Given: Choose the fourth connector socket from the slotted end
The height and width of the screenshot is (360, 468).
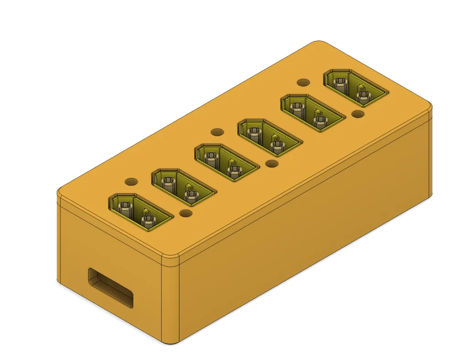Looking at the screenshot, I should pyautogui.click(x=269, y=136).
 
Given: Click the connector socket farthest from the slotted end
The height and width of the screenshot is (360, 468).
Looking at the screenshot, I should pyautogui.click(x=356, y=87).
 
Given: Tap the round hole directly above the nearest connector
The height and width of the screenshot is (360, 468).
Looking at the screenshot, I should pyautogui.click(x=131, y=181).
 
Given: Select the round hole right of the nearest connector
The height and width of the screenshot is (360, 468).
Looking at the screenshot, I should pyautogui.click(x=186, y=213).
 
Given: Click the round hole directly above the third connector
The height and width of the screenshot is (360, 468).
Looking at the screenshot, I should pyautogui.click(x=218, y=132).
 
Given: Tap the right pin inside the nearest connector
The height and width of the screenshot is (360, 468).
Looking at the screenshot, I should pyautogui.click(x=148, y=222).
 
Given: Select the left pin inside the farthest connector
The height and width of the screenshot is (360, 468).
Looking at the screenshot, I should pyautogui.click(x=340, y=84).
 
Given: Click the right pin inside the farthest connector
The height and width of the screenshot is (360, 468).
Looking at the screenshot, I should pyautogui.click(x=363, y=96).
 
